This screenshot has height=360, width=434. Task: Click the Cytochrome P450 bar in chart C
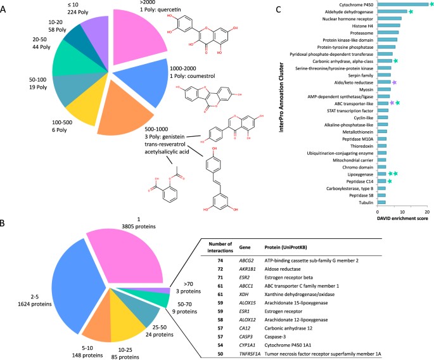pos(402,4)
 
